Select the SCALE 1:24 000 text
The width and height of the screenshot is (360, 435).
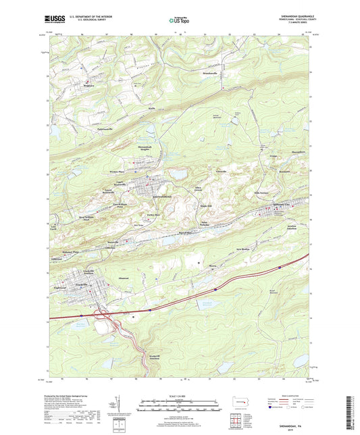click(179, 396)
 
